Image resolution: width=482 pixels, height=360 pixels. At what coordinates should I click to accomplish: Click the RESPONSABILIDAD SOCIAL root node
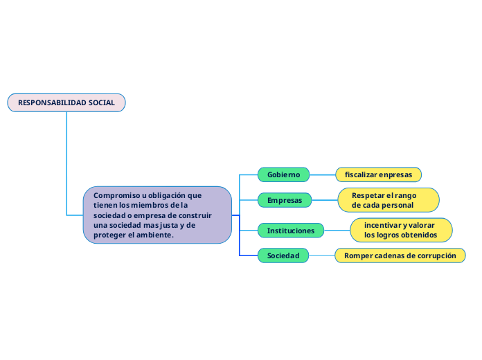pos(66,102)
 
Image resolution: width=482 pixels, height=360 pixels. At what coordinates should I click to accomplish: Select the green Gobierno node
pos(283,174)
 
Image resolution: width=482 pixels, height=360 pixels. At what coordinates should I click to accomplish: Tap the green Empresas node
pos(285,200)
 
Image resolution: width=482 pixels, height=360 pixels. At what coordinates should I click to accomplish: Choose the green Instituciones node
pos(291,230)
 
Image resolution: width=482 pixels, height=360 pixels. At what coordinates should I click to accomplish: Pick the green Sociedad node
pos(283,255)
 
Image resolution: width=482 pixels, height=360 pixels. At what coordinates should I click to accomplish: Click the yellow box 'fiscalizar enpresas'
pos(378,174)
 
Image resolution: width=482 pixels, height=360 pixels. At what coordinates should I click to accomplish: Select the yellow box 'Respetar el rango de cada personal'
pos(389,200)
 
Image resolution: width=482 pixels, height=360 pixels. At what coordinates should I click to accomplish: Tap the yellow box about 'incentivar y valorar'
pos(401,230)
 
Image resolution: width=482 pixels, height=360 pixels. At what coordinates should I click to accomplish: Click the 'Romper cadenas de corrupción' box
pos(400,255)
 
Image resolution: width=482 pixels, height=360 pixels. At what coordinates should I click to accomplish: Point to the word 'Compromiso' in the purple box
pos(116,195)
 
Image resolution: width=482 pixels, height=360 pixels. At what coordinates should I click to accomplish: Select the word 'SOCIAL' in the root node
pos(102,102)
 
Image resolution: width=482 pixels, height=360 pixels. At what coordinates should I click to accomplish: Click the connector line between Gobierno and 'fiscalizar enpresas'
pos(323,174)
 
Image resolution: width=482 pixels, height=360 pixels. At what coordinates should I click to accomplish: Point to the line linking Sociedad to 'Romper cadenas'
pos(322,255)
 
